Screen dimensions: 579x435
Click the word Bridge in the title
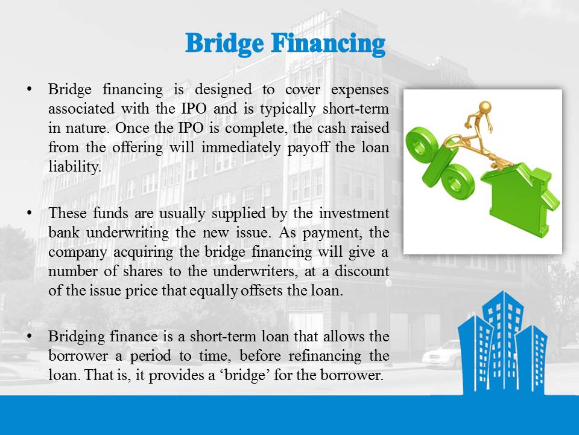[224, 44]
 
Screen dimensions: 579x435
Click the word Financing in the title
[328, 44]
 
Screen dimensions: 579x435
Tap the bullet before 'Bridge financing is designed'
[29, 89]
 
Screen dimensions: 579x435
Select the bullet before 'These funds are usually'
[29, 213]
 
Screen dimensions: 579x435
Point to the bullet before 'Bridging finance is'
[29, 337]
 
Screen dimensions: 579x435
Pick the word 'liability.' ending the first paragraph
[75, 167]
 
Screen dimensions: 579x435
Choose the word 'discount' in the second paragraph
[362, 271]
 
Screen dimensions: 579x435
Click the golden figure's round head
[485, 108]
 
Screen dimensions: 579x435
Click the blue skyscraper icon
[502, 343]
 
